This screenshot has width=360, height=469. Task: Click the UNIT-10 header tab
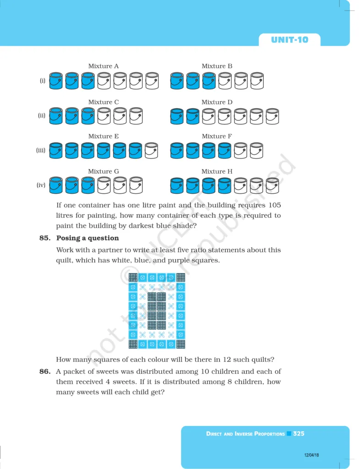click(289, 39)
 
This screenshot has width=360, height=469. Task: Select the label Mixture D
click(217, 102)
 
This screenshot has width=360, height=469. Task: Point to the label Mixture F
click(217, 136)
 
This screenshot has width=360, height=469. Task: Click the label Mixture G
click(104, 171)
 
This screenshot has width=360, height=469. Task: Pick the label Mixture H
click(217, 171)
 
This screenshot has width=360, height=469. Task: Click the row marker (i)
click(42, 81)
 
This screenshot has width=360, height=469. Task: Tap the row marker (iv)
click(41, 185)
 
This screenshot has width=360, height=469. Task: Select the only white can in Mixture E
click(151, 150)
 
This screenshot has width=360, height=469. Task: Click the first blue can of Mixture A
click(56, 81)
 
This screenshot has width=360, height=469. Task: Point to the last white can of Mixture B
click(257, 81)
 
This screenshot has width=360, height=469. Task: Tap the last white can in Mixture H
click(273, 185)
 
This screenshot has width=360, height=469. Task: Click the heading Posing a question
click(87, 238)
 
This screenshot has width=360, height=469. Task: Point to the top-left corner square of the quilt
click(133, 277)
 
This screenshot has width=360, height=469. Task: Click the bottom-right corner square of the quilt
click(180, 344)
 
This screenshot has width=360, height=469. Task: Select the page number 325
click(299, 433)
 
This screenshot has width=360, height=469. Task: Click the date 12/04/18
click(311, 455)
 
